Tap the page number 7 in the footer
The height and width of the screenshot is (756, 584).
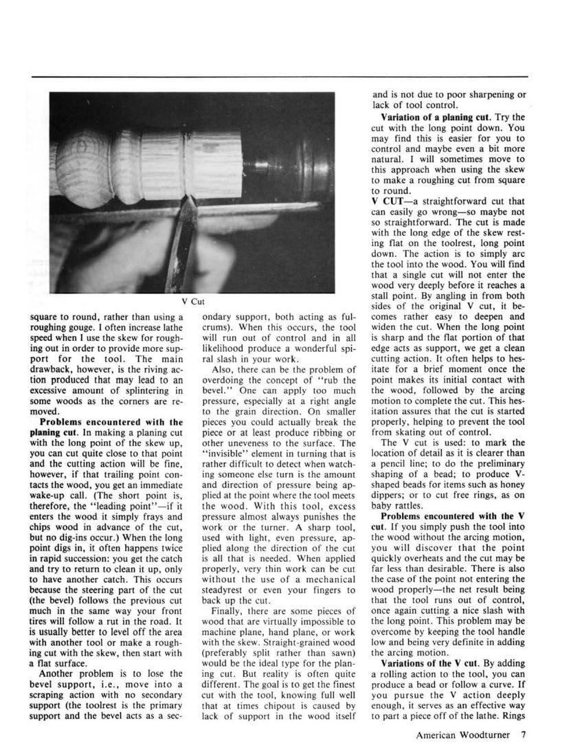point(524,735)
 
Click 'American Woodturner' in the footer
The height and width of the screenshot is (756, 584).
point(462,735)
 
